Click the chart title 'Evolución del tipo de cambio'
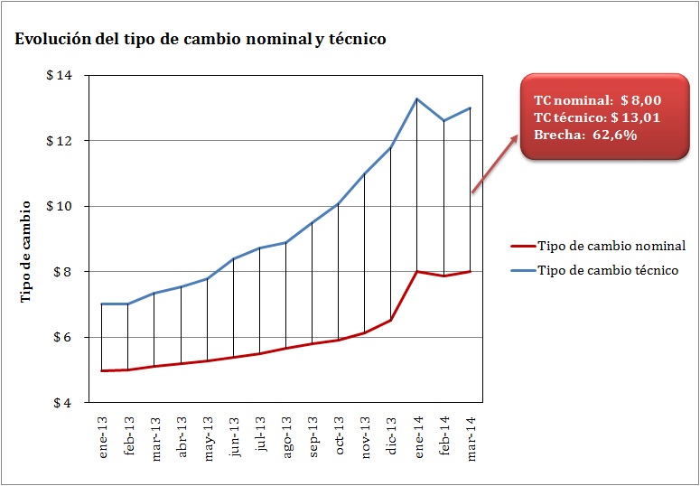coord(200,40)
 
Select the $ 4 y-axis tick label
coord(64,403)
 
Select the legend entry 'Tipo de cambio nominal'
coord(611,246)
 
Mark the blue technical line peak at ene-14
coord(417,98)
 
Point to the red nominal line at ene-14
coord(417,271)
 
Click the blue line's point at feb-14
coord(443,120)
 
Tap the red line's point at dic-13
coord(391,320)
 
